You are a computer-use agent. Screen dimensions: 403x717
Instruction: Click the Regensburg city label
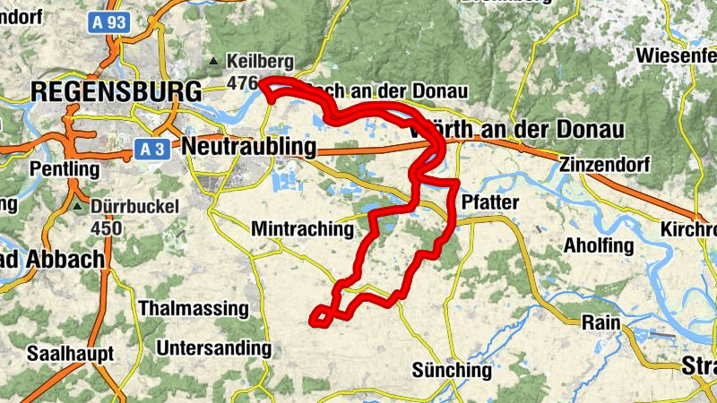[x=117, y=90]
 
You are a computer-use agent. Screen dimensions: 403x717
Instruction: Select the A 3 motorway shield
[x=151, y=150]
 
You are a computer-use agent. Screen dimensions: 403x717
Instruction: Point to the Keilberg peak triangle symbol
[x=213, y=62]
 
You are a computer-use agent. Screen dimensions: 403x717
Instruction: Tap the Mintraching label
[x=303, y=228]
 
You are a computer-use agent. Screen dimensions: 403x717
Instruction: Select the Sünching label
[x=452, y=369]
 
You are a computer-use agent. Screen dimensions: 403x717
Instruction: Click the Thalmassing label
[x=193, y=308]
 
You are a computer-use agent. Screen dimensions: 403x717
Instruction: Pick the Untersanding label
[x=212, y=347]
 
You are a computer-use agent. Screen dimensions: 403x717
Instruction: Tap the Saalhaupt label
[x=70, y=353]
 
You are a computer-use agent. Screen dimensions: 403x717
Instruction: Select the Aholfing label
[x=599, y=245]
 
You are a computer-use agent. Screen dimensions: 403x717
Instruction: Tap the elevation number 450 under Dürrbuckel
[x=107, y=227]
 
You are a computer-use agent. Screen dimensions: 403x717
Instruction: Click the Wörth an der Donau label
[x=515, y=130]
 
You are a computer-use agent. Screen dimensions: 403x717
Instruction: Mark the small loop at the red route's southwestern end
[x=320, y=314]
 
